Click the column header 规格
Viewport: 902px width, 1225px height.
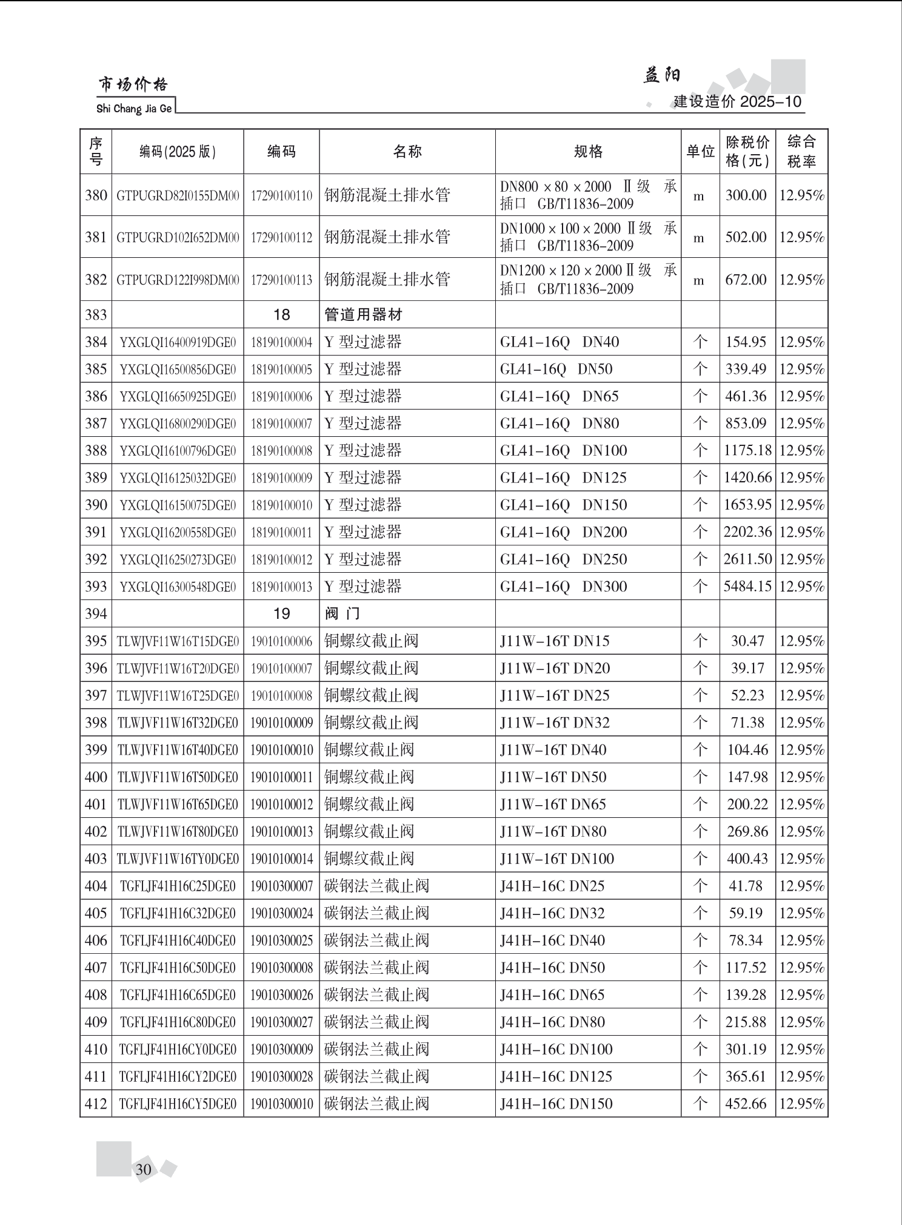pos(588,152)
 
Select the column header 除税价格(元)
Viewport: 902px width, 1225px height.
pos(747,152)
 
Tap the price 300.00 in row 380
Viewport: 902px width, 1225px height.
pos(746,195)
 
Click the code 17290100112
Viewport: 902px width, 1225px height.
pos(281,237)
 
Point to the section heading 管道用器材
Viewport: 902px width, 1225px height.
pos(363,315)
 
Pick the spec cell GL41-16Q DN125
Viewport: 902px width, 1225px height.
pos(563,478)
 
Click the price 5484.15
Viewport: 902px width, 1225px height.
pos(747,587)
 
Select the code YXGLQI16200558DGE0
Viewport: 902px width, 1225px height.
pos(178,533)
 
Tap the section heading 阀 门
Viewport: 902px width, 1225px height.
pos(342,614)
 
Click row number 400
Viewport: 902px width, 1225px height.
pos(96,777)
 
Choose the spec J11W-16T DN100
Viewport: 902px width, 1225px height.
pos(556,859)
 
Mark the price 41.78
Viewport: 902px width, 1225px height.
pos(746,886)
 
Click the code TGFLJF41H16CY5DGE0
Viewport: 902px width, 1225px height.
pos(178,1104)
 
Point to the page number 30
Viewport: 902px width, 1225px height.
pos(144,1169)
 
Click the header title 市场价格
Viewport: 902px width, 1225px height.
pos(133,85)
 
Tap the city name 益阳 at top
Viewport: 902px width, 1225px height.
pos(661,75)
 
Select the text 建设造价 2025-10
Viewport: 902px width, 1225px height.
pos(737,101)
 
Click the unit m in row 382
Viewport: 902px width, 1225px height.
pos(699,280)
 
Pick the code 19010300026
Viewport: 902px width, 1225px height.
pos(281,995)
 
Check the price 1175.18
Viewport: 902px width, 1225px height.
pos(747,451)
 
